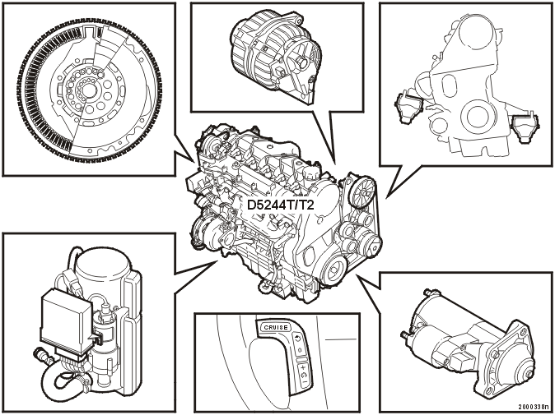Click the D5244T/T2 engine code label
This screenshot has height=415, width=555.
280,205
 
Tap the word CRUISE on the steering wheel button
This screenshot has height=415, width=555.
276,327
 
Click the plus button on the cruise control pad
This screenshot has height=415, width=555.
303,368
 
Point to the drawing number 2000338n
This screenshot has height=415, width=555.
535,408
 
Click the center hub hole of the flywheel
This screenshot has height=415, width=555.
89,90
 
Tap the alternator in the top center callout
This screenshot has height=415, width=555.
276,57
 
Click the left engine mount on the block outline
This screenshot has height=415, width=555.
408,108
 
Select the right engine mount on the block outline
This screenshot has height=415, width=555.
525,128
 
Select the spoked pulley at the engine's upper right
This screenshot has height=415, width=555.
361,192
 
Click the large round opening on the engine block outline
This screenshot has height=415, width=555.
479,117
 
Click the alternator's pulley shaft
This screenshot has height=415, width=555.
303,62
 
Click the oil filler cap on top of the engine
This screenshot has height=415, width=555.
310,172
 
